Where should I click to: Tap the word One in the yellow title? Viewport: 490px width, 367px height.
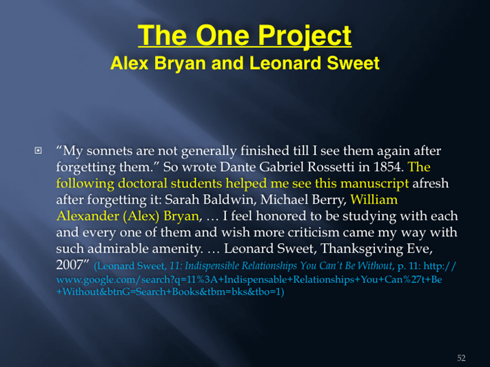pos(222,35)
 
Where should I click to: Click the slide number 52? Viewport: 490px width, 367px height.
pos(461,357)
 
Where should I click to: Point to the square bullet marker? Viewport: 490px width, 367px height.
pos(38,151)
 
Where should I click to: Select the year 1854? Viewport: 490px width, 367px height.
pos(387,167)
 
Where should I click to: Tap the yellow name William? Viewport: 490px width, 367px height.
pos(374,199)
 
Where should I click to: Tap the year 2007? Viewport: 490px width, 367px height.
pos(70,265)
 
